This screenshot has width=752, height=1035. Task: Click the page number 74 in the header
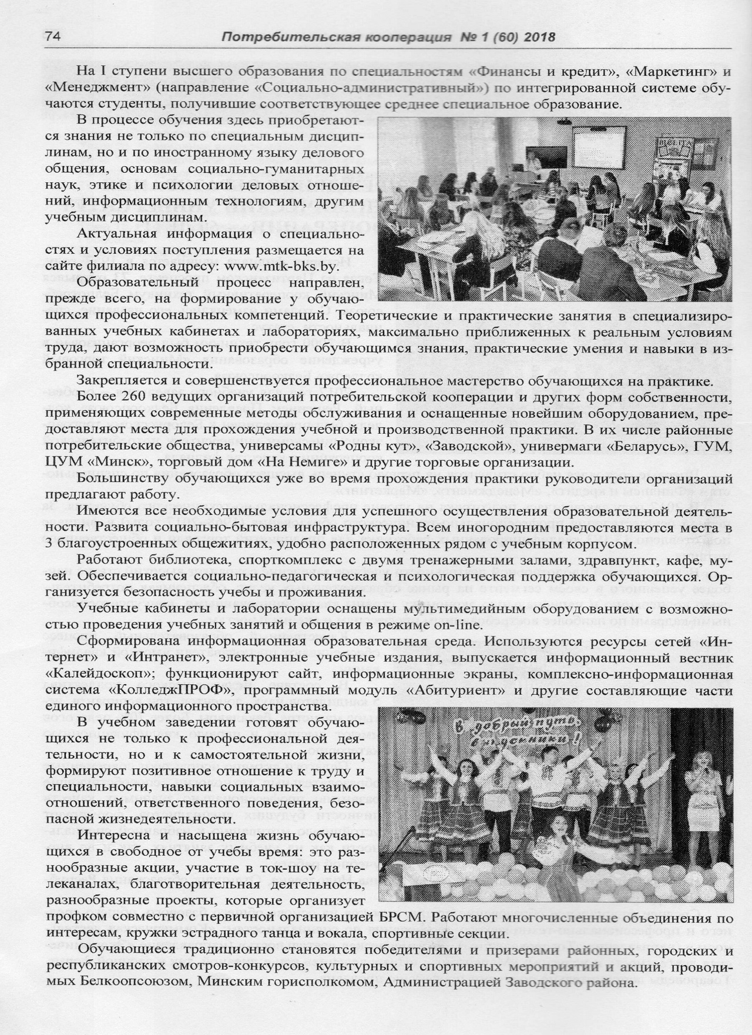[x=54, y=36]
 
